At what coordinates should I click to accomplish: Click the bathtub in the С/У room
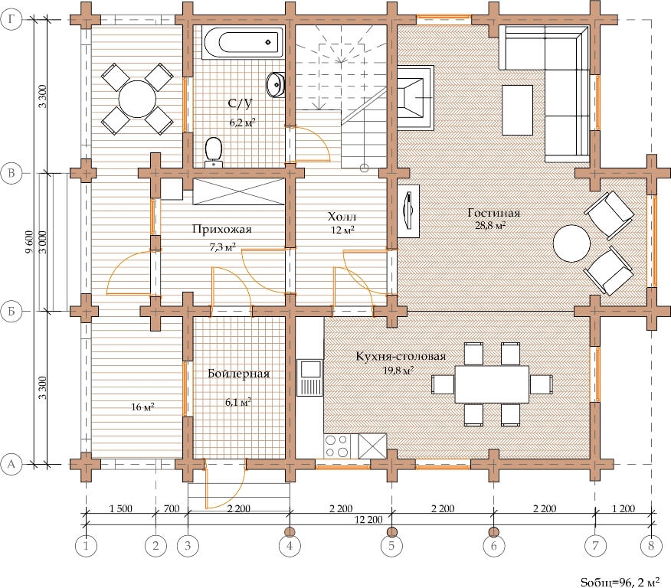click(x=243, y=42)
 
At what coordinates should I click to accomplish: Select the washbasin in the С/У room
click(x=276, y=85)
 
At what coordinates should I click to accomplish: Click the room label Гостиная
click(x=493, y=213)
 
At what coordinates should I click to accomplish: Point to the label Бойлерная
click(x=239, y=374)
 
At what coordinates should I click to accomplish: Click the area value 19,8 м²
click(x=398, y=370)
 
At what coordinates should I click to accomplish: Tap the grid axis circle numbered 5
click(x=391, y=546)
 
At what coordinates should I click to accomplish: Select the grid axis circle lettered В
click(x=11, y=174)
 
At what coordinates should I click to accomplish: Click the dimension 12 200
click(x=368, y=520)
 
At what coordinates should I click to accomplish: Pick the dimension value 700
click(x=171, y=509)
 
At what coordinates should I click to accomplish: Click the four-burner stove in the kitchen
click(x=336, y=446)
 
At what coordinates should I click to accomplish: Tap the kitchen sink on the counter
click(x=309, y=378)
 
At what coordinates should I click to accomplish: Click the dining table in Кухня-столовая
click(x=492, y=384)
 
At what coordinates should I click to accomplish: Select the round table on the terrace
click(x=137, y=100)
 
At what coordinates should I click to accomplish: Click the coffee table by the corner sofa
click(x=517, y=110)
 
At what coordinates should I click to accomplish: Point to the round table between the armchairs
click(x=571, y=243)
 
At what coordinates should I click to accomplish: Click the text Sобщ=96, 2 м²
click(x=620, y=582)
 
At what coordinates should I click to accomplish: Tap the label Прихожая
click(x=221, y=229)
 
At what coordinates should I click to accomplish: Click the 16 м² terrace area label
click(x=142, y=407)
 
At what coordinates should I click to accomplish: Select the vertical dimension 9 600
click(x=29, y=242)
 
